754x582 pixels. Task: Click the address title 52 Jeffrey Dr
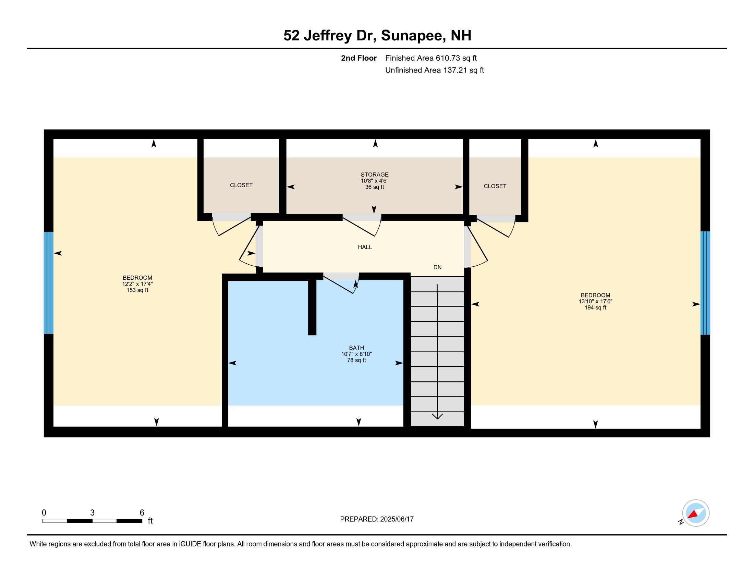330,36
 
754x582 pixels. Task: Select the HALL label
365,247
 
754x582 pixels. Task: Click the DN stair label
437,267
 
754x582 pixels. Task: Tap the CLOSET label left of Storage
241,185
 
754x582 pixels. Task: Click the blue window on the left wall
49,283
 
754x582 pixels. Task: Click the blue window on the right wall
705,283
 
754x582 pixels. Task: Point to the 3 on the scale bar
92,513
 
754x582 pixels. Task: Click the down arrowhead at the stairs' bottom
437,417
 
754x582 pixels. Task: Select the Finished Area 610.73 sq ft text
431,58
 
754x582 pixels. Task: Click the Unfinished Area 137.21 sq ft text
434,70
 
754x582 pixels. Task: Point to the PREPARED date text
377,519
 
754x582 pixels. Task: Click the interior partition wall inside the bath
312,307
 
